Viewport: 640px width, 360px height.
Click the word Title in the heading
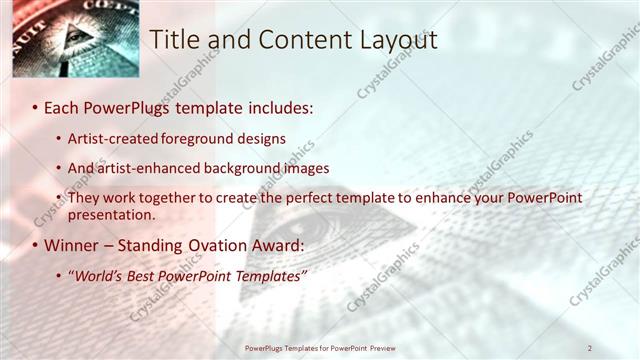point(173,39)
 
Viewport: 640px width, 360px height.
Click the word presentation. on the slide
point(111,214)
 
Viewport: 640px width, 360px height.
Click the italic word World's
point(98,275)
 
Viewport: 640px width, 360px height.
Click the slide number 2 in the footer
point(590,348)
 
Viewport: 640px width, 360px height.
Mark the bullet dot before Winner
point(35,246)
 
